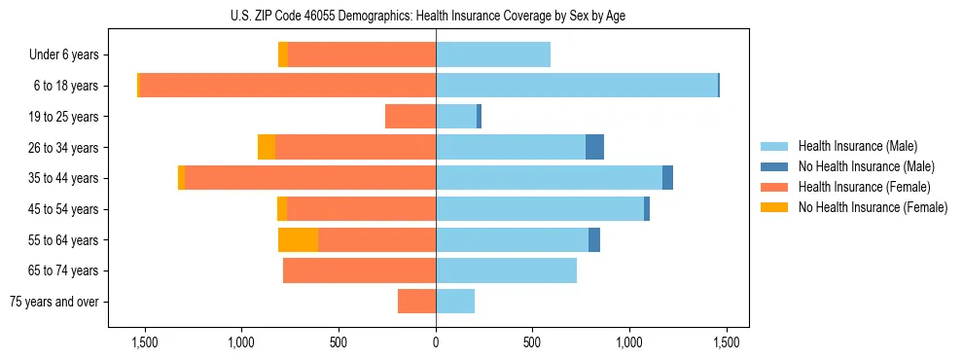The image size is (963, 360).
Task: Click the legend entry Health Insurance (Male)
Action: pyautogui.click(x=856, y=146)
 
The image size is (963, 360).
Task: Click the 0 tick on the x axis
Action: pyautogui.click(x=436, y=343)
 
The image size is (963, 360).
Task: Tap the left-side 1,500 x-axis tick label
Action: pyautogui.click(x=144, y=343)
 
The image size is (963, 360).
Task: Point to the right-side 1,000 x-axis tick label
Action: pyautogui.click(x=629, y=343)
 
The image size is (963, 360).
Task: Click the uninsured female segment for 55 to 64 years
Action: pyautogui.click(x=298, y=239)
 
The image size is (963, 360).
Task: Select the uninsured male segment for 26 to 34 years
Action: pyautogui.click(x=594, y=147)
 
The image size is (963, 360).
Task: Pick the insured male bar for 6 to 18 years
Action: pyautogui.click(x=577, y=86)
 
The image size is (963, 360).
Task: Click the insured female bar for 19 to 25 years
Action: pyautogui.click(x=410, y=117)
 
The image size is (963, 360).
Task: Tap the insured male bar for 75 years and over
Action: pyautogui.click(x=455, y=302)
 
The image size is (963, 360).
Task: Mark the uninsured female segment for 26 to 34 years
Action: pyautogui.click(x=266, y=147)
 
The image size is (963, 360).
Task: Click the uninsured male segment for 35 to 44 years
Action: pyautogui.click(x=667, y=178)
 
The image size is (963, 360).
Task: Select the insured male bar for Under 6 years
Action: pyautogui.click(x=493, y=55)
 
